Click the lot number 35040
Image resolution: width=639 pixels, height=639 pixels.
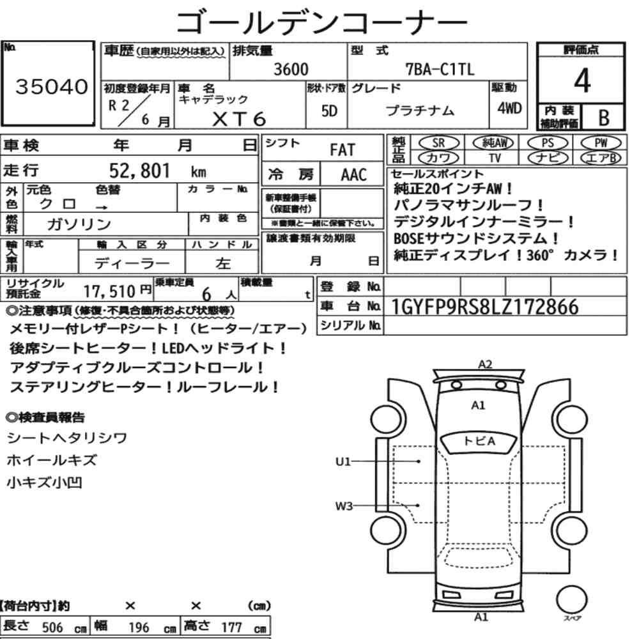pos(52,86)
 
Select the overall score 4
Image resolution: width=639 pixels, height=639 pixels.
pos(582,81)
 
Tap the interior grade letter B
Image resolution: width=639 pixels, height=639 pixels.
pos(604,118)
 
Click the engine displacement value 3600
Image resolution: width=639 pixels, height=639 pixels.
pos(291,69)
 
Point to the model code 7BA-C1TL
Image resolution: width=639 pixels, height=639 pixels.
pos(440,69)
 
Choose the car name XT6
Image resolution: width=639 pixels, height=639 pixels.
pos(239,119)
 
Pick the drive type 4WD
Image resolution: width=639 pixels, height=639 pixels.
pos(509,108)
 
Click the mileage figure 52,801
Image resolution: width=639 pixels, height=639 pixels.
pos(139,171)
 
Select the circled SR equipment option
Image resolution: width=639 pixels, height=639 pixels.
pos(439,142)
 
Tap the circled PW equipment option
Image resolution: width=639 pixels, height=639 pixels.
pos(601,142)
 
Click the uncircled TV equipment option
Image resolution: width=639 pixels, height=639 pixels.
pos(495,158)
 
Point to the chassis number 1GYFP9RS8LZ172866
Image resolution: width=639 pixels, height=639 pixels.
pos(484,307)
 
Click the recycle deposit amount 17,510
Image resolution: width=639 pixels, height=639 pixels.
pos(109,291)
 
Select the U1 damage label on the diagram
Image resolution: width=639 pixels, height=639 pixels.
pos(343,461)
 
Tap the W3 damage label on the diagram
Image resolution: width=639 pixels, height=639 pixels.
pos(344,505)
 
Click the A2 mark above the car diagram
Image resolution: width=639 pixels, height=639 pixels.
pos(485,364)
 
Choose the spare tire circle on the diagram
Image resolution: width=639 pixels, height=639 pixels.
pos(571,600)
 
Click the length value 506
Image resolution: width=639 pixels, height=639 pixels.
pos(52,627)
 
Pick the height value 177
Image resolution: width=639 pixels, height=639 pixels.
pos(231,627)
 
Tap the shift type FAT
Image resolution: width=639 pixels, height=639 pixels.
pos(343,150)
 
